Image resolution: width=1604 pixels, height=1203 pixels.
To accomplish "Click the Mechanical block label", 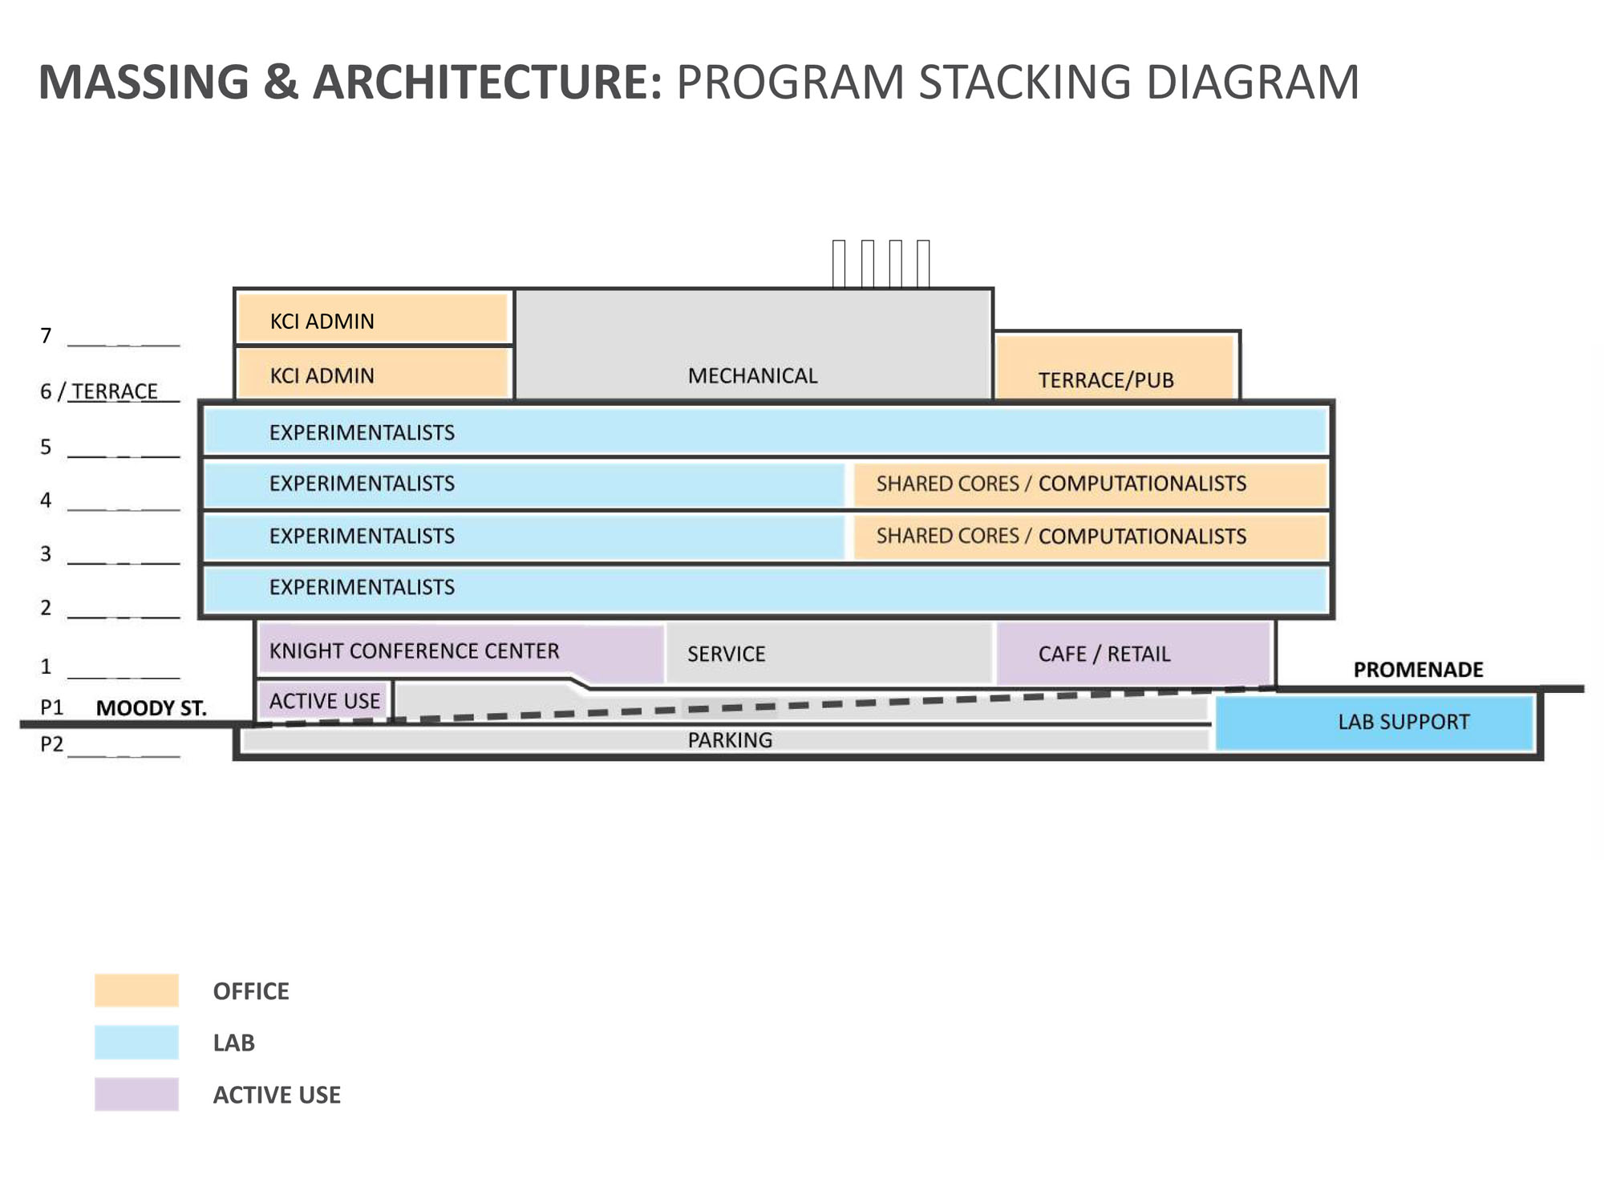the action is (x=752, y=376).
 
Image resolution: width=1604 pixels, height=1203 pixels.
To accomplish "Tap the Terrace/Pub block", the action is (x=1115, y=367).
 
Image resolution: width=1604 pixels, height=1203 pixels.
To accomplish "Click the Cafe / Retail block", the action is (x=1134, y=653).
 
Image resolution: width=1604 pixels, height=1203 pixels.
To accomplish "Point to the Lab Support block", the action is (x=1375, y=723).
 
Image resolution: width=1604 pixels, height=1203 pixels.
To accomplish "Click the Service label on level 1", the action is (x=726, y=654).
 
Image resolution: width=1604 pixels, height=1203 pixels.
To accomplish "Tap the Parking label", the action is (x=730, y=740).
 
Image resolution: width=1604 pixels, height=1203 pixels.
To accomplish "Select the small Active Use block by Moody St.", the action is (x=324, y=700).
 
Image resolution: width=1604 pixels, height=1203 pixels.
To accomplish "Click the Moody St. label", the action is (x=151, y=708).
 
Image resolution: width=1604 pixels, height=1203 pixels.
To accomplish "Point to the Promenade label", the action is (x=1418, y=670).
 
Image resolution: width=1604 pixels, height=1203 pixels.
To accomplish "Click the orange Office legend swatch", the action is (x=136, y=990).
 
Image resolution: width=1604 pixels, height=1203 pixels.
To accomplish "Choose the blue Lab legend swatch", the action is (x=136, y=1043).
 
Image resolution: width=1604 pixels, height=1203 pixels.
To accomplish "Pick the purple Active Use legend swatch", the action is (x=136, y=1095).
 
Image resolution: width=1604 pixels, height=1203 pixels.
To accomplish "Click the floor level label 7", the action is (x=46, y=336).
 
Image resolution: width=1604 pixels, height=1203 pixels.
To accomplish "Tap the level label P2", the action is (x=51, y=744).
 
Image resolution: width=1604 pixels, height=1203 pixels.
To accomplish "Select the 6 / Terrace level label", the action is (x=99, y=391).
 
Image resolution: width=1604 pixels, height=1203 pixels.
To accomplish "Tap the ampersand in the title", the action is (x=281, y=82).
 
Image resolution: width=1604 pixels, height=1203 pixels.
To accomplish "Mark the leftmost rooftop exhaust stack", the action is (x=839, y=263).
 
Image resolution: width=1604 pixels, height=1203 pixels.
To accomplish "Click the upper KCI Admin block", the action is (x=374, y=318).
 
